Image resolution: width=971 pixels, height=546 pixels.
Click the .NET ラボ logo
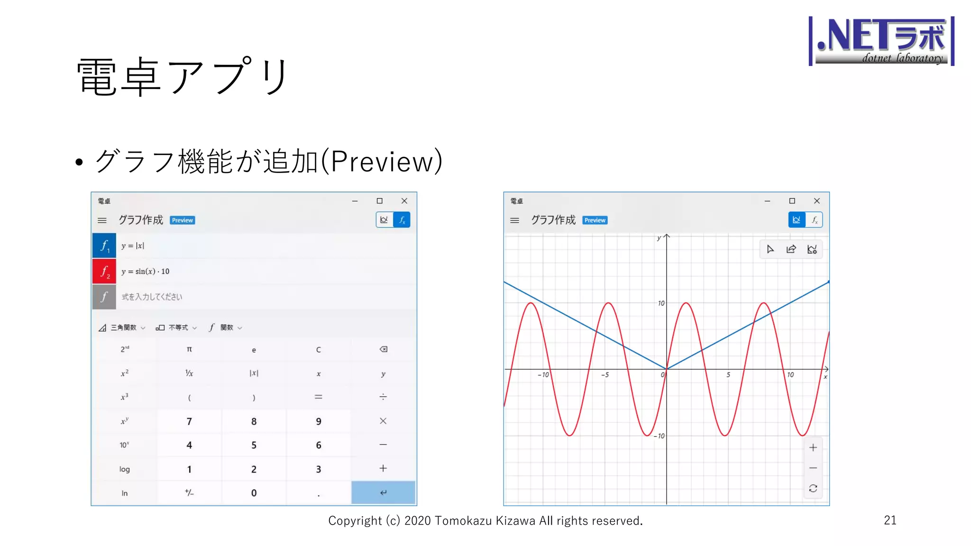click(881, 41)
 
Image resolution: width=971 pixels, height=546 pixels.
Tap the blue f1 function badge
click(104, 246)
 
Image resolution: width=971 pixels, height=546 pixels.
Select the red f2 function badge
click(104, 271)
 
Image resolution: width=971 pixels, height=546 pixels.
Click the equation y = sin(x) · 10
click(145, 272)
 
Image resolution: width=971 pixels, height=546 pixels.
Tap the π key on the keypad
click(189, 349)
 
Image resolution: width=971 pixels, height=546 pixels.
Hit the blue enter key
click(383, 492)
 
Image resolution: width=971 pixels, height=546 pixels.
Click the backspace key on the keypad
click(383, 349)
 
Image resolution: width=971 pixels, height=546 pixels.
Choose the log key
click(124, 469)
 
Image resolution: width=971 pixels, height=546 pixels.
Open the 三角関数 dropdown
click(122, 328)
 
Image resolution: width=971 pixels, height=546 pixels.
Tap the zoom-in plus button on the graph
click(813, 447)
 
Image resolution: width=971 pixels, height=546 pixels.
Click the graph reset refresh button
click(813, 488)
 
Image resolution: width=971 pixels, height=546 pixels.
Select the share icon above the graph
click(791, 249)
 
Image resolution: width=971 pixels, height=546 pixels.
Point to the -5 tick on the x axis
click(605, 374)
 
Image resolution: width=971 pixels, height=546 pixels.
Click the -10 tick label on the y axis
click(659, 436)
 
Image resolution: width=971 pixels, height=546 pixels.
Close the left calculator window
click(404, 201)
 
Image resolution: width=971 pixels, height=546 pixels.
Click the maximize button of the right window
click(792, 201)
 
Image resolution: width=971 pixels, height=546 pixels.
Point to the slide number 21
click(890, 520)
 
